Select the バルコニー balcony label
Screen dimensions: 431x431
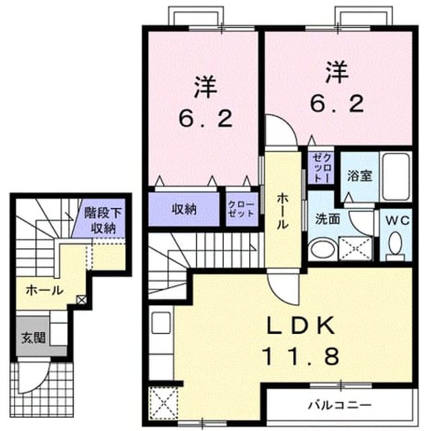pos(339,405)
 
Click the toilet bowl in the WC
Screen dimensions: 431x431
pos(395,243)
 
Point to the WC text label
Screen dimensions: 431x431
pos(397,220)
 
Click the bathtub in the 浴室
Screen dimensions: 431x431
pos(396,176)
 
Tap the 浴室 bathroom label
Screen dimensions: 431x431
pos(360,176)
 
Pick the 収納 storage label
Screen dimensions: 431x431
pos(184,209)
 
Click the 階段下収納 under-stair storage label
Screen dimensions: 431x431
pos(103,220)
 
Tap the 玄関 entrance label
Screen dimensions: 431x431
pos(34,337)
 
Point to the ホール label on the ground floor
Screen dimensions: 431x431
pos(44,290)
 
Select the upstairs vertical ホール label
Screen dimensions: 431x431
pos(282,211)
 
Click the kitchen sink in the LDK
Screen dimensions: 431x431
pos(161,323)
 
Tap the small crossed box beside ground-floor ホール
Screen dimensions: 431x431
pos(81,300)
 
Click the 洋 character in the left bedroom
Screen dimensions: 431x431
pos(205,87)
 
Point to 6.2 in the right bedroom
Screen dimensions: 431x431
pos(337,103)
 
